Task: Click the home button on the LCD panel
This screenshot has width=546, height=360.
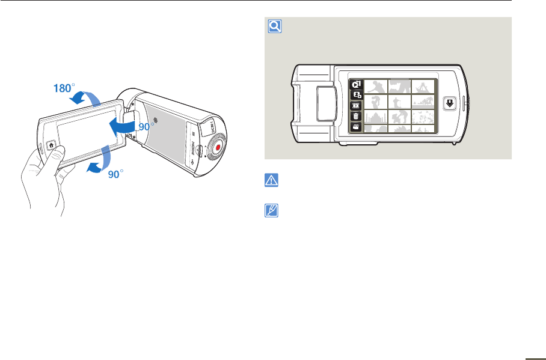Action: tap(51, 144)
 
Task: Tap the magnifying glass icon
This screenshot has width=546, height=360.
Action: tap(274, 26)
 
